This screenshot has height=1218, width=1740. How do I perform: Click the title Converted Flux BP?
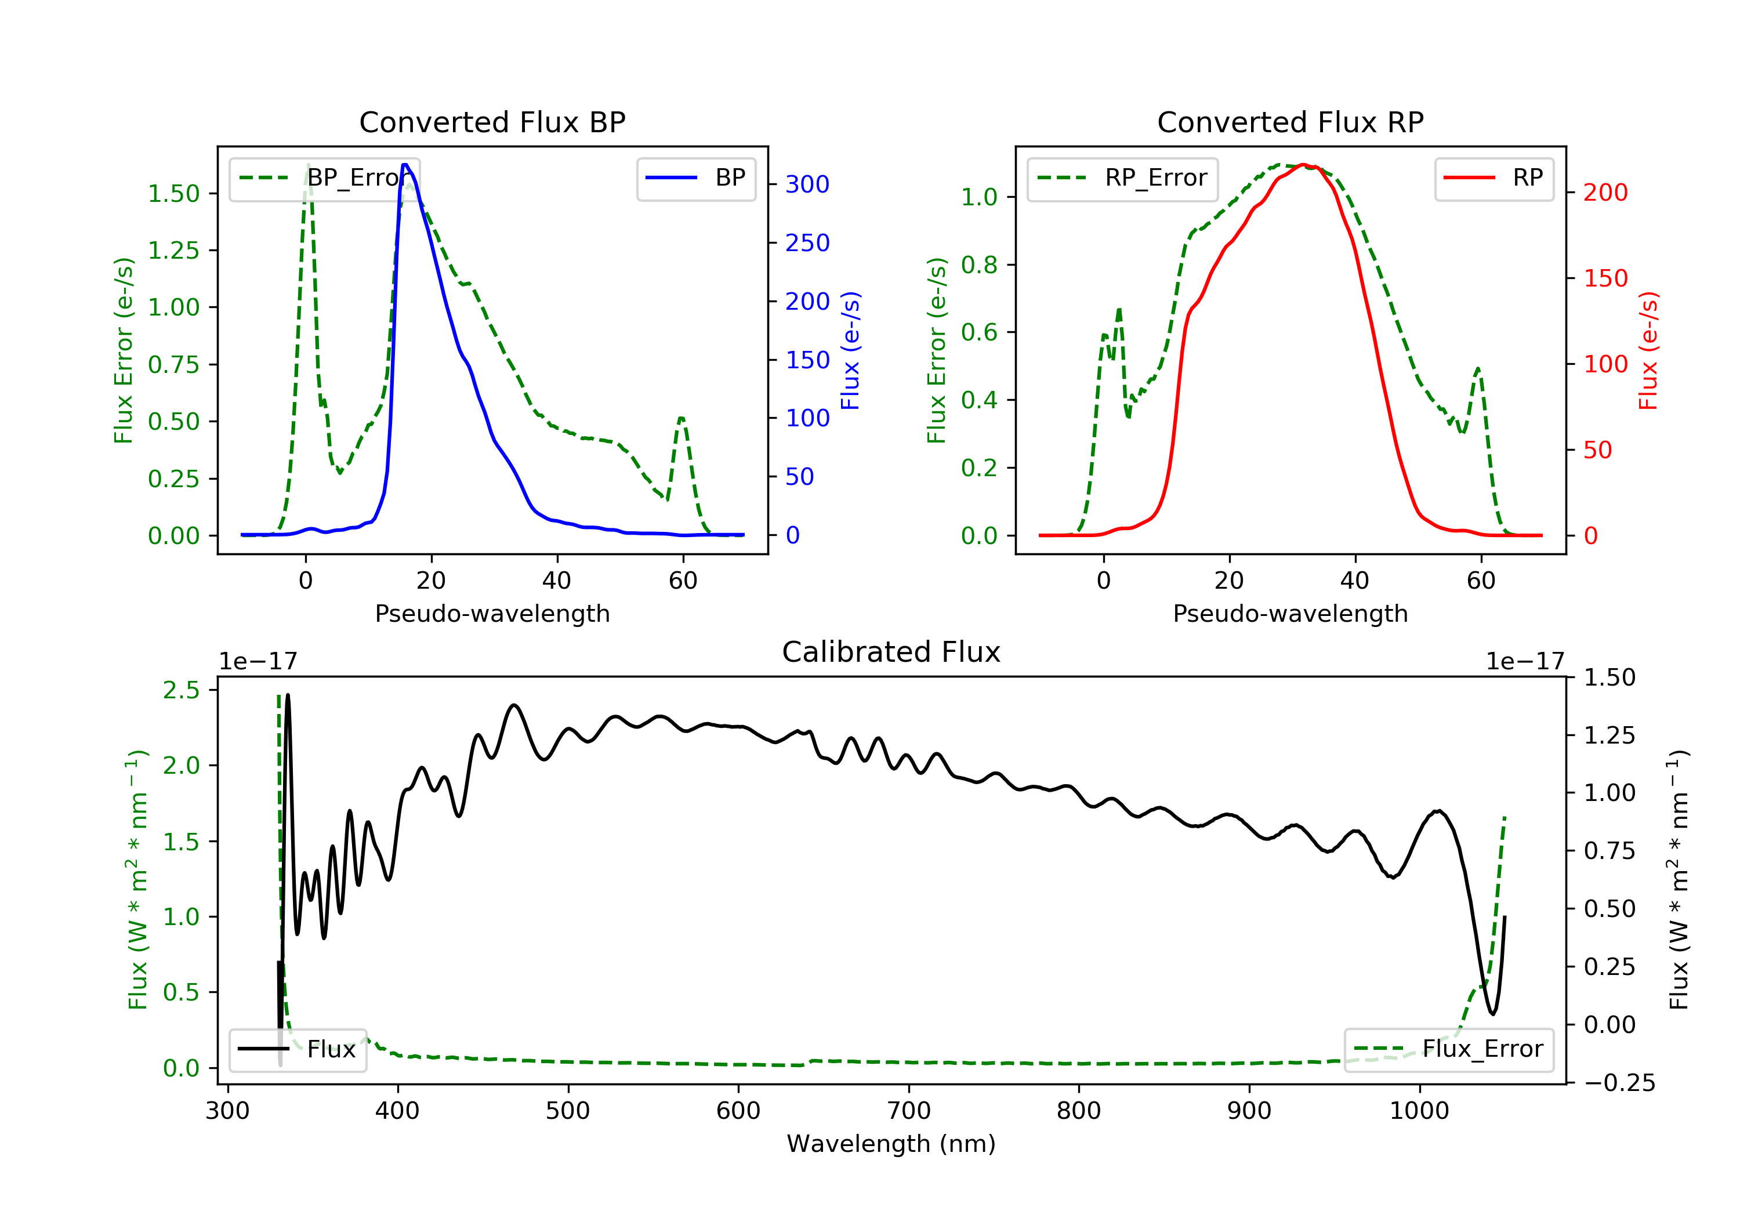pos(492,122)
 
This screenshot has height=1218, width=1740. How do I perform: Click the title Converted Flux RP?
pos(1290,122)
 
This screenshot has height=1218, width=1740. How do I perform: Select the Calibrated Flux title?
pos(891,652)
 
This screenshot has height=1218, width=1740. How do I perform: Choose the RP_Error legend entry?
pos(1122,178)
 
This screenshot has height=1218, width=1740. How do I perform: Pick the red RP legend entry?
pos(1493,178)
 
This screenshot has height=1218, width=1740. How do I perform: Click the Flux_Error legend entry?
pos(1448,1049)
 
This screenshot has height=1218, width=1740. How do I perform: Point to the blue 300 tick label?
pos(807,184)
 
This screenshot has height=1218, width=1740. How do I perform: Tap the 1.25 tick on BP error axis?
pos(173,250)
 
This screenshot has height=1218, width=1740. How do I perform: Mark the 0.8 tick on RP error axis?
pos(979,264)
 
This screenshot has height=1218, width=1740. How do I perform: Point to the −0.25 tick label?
pos(1619,1083)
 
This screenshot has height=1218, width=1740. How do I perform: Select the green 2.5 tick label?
pos(181,690)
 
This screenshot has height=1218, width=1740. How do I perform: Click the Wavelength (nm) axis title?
pos(891,1144)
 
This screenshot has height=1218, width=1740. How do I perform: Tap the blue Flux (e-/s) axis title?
pos(850,350)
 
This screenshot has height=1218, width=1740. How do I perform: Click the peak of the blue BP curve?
pos(405,165)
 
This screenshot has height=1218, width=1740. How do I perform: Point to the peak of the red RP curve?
pos(1303,165)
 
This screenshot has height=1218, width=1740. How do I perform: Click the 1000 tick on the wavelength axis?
pos(1419,1111)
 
